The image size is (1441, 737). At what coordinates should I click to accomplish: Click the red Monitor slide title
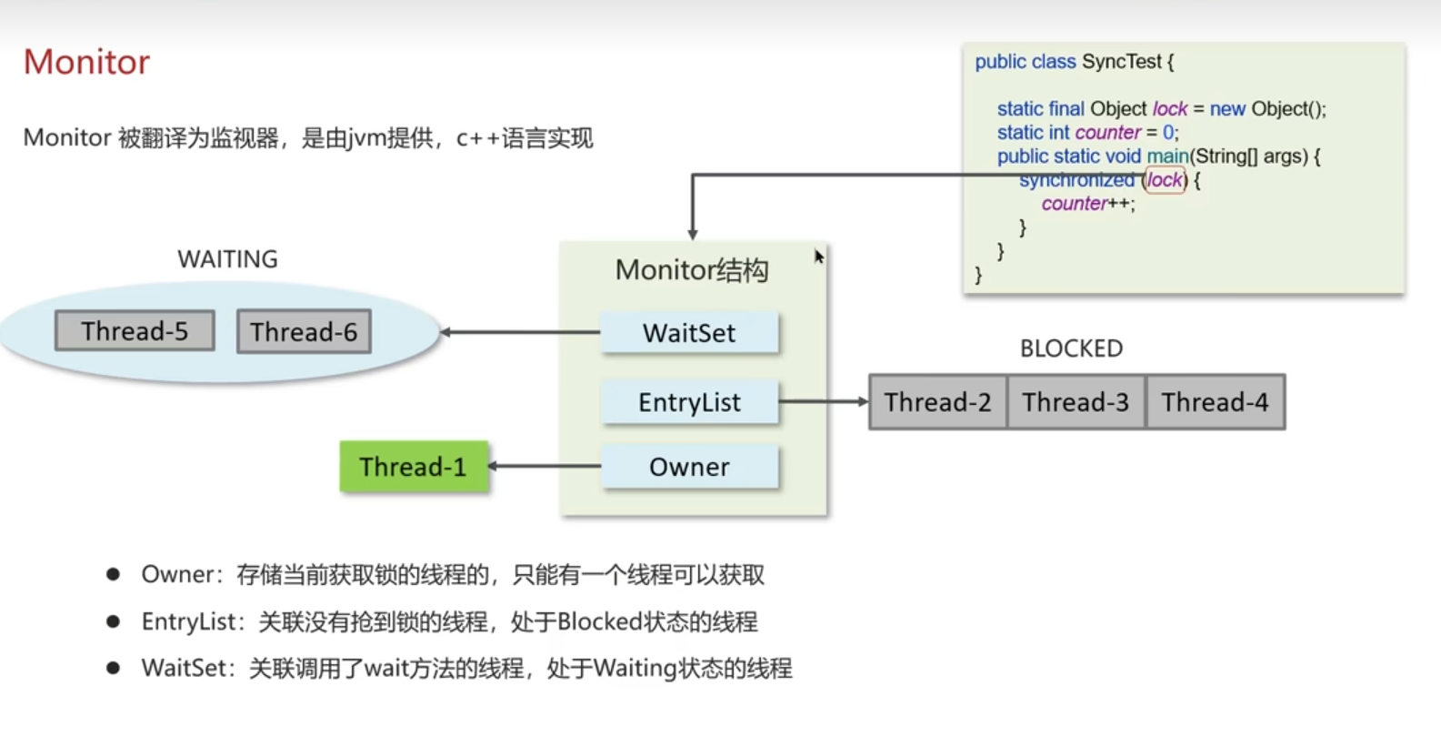tap(86, 62)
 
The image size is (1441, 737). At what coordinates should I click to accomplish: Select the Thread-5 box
tap(135, 331)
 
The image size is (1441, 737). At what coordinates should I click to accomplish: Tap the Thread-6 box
tap(304, 332)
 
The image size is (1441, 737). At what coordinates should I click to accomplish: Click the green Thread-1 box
tap(414, 467)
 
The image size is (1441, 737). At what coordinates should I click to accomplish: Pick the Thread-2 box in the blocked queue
tap(937, 402)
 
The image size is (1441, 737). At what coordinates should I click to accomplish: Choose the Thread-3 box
tap(1076, 402)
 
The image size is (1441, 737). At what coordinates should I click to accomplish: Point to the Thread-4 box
tap(1215, 402)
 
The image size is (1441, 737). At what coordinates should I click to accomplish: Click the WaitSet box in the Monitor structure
tap(689, 333)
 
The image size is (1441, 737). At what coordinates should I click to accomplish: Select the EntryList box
tap(689, 402)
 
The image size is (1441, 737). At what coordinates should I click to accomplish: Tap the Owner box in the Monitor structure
tap(689, 467)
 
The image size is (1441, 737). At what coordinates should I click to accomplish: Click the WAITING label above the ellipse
tap(227, 259)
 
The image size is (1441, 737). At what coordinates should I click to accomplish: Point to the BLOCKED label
tap(1071, 348)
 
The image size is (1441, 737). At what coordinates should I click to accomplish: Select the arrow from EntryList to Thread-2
tap(823, 401)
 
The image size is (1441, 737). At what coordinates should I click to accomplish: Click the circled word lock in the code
tap(1166, 180)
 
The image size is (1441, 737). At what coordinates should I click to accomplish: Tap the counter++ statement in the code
tap(1087, 204)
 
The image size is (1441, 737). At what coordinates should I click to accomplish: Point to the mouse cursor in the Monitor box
tap(818, 257)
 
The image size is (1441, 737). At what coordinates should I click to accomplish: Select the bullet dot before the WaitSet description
tap(114, 668)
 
